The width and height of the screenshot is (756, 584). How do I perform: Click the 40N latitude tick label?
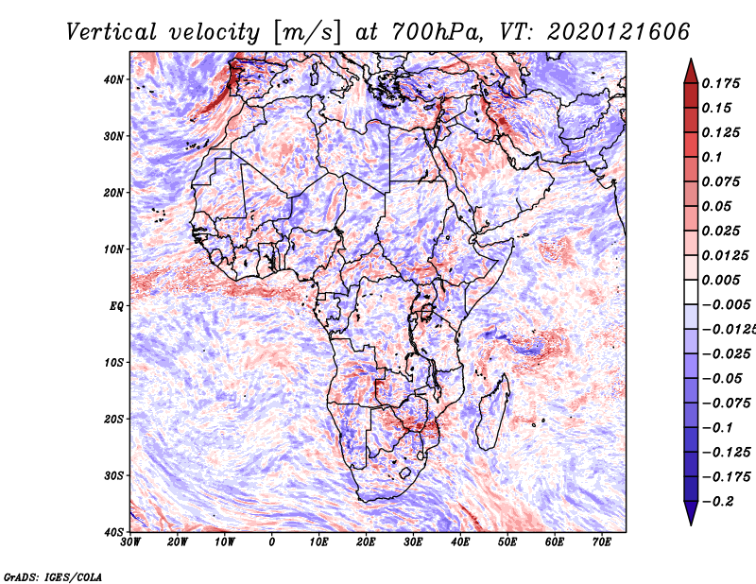113,79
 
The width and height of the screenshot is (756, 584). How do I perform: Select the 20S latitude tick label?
113,419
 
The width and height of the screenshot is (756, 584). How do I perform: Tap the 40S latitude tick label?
113,532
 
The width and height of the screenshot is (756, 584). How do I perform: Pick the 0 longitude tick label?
272,542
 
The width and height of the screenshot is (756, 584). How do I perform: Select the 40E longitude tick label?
460,542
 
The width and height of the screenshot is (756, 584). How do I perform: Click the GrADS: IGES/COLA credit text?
53,575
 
